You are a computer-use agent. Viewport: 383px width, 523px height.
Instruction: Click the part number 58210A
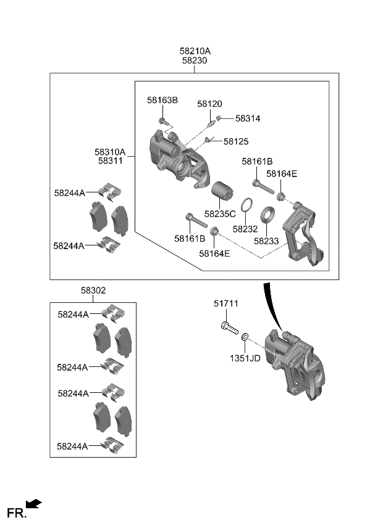pos(195,51)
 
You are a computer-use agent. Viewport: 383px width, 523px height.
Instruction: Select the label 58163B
pos(162,100)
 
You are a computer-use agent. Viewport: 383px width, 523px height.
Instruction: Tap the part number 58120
pos(210,104)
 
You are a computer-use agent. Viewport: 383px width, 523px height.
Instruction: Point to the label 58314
pos(248,118)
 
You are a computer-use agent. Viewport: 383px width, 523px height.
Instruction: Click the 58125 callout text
pos(236,141)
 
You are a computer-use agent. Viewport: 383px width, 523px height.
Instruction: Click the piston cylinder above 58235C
pos(221,192)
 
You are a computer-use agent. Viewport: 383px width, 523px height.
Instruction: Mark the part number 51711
pos(226,303)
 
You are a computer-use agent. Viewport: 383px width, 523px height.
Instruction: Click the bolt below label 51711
pos(229,327)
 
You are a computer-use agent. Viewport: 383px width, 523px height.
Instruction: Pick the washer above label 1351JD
pos(245,337)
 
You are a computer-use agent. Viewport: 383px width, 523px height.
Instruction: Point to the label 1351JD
pos(246,358)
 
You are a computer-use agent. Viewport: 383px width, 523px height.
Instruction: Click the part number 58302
pos(93,290)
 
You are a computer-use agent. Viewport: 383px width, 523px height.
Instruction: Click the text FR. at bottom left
pos(16,513)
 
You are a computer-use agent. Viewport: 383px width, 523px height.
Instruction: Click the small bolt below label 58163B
pos(162,121)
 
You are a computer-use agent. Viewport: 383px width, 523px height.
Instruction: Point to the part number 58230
pos(195,61)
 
